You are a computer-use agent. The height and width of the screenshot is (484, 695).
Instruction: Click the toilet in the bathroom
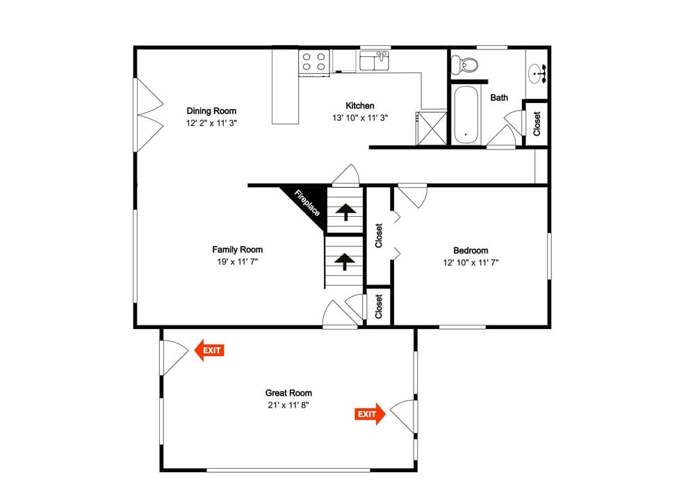pyautogui.click(x=464, y=65)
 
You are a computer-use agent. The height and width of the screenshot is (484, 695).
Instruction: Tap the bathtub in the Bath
pyautogui.click(x=466, y=115)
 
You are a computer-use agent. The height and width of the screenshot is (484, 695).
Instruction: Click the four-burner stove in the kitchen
pyautogui.click(x=314, y=62)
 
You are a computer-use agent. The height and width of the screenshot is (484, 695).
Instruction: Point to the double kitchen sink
pyautogui.click(x=375, y=60)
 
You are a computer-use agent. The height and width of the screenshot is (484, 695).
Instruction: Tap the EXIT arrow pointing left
pyautogui.click(x=209, y=350)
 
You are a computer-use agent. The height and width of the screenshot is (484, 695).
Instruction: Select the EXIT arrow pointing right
pyautogui.click(x=370, y=414)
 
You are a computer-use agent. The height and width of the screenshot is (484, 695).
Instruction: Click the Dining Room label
pyautogui.click(x=211, y=111)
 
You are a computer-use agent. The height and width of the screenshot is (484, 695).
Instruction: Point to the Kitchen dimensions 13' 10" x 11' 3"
pyautogui.click(x=360, y=118)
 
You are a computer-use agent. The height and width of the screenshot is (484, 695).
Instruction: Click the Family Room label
pyautogui.click(x=238, y=250)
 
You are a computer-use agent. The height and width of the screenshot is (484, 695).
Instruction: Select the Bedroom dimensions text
pyautogui.click(x=471, y=263)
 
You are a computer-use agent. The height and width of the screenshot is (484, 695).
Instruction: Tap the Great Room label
pyautogui.click(x=288, y=393)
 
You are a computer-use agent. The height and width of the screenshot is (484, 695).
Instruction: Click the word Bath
pyautogui.click(x=499, y=97)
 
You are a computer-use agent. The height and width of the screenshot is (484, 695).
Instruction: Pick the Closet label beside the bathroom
pyautogui.click(x=537, y=124)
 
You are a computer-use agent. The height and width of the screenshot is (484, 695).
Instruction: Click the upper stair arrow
pyautogui.click(x=345, y=211)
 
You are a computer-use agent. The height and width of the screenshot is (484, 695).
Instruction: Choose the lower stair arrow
pyautogui.click(x=344, y=261)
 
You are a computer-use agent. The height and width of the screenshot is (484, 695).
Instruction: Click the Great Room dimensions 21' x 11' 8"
pyautogui.click(x=288, y=405)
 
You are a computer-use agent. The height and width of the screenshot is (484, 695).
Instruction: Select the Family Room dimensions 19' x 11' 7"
pyautogui.click(x=238, y=262)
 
